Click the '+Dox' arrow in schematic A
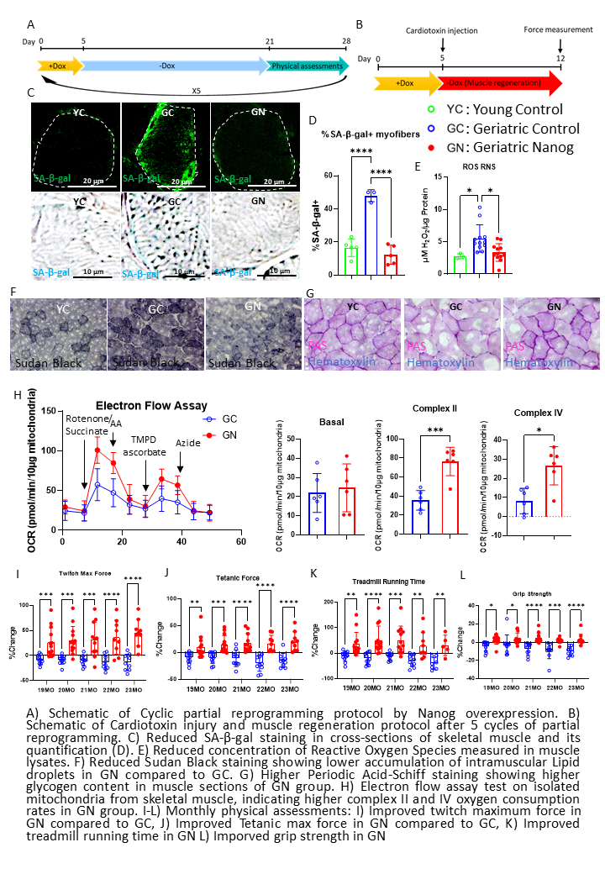[57, 66]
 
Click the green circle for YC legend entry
[432, 110]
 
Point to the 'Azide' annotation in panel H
[188, 443]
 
